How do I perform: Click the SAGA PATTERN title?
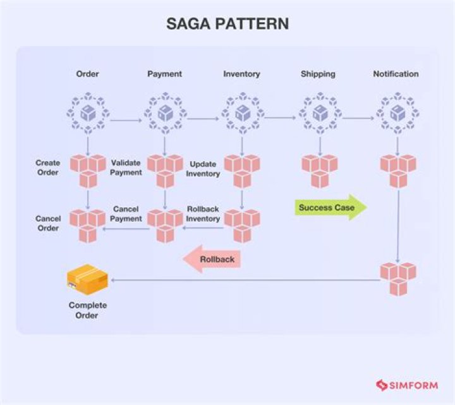(227, 24)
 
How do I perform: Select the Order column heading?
(87, 74)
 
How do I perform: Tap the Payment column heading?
(164, 74)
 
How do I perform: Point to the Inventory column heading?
(241, 74)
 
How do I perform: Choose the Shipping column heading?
(318, 74)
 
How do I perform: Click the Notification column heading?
(396, 74)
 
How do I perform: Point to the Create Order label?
(48, 168)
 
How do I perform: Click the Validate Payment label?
(126, 168)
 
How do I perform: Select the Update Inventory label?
(203, 169)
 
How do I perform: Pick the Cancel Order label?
(48, 224)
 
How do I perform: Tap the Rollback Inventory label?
(203, 214)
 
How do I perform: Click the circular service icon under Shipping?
(319, 114)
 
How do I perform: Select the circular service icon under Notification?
(397, 114)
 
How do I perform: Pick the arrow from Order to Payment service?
(126, 119)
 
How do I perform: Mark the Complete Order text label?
(87, 310)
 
